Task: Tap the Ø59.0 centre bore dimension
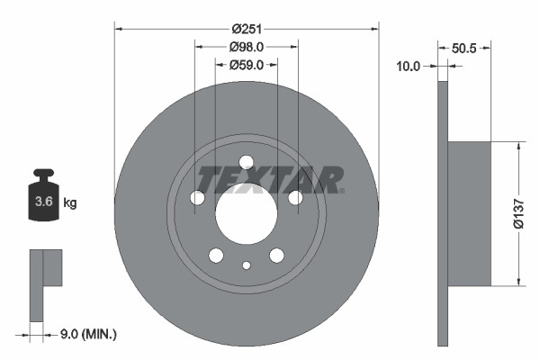click(246, 65)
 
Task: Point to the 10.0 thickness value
click(409, 66)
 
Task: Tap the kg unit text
click(70, 203)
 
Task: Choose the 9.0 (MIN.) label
click(86, 335)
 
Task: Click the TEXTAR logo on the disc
click(270, 180)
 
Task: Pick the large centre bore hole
click(246, 214)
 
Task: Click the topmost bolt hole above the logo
click(246, 162)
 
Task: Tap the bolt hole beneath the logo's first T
click(197, 198)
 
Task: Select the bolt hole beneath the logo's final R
click(295, 198)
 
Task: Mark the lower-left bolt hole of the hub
click(216, 256)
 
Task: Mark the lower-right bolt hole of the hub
click(276, 256)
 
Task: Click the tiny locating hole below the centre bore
click(246, 265)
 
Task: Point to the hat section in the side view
click(469, 214)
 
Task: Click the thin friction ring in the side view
click(442, 214)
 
